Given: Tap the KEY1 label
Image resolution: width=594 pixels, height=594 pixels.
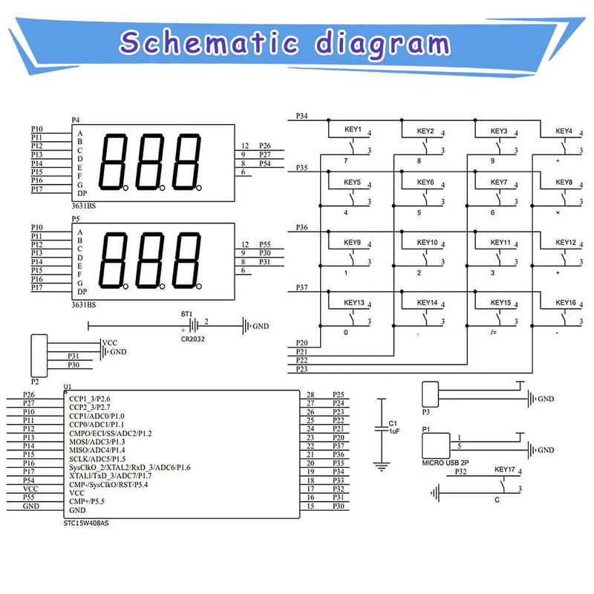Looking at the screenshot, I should (353, 130).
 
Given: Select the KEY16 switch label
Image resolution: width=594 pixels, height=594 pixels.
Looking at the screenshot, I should (566, 302).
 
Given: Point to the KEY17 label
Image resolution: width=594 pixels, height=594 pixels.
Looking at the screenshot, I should (504, 470).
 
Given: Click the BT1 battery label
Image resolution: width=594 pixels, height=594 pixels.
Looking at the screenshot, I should (186, 315).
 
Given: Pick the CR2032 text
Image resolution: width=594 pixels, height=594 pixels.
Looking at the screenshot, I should (192, 339).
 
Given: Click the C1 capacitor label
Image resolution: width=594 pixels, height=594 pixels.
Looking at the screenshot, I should (393, 423).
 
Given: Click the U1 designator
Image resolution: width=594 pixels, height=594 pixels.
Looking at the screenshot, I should (68, 387).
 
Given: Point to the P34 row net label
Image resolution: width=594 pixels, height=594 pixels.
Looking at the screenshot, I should (302, 117).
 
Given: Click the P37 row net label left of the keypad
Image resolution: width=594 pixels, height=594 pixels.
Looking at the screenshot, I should (302, 287).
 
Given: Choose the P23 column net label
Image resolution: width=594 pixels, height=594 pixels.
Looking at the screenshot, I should (301, 369).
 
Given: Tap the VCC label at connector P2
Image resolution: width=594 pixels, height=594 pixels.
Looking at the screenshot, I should (110, 342).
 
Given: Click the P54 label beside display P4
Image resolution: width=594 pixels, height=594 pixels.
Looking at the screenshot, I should (265, 163).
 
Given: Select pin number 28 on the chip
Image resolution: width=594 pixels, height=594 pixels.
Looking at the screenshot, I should (310, 394).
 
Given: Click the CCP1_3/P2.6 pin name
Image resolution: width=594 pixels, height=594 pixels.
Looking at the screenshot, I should (89, 399).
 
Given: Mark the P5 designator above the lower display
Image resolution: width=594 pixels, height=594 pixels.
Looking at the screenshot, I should (75, 220).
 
